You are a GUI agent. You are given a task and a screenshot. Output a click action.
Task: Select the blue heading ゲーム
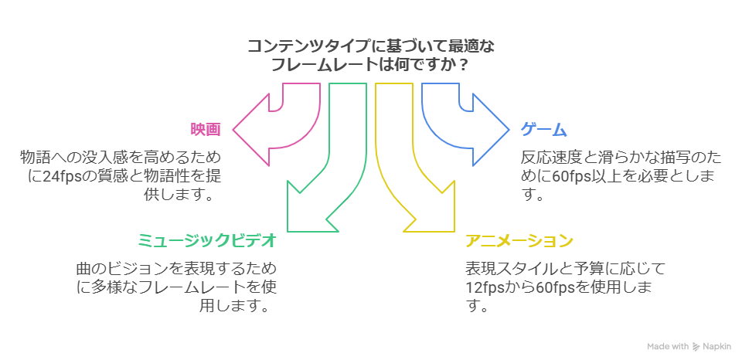click(543, 129)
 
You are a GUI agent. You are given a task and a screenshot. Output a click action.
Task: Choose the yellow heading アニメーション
click(519, 240)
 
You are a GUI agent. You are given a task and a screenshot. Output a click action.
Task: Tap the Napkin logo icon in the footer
click(696, 347)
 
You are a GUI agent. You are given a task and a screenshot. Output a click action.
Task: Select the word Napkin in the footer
click(716, 347)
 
